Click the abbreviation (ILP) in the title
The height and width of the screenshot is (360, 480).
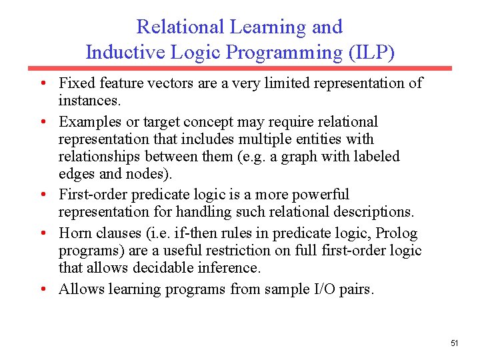coord(371,52)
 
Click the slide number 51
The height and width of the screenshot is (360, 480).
coord(455,343)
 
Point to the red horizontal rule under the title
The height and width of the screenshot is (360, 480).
coord(239,68)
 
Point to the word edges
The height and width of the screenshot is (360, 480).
coord(77,175)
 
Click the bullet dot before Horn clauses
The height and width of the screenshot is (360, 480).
coord(42,234)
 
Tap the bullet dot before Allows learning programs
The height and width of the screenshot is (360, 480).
coord(42,289)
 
